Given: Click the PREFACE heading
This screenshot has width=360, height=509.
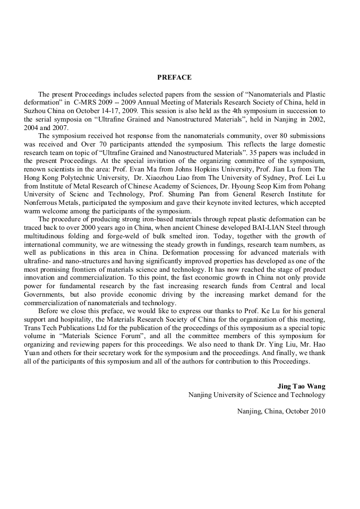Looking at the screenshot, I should [174, 77].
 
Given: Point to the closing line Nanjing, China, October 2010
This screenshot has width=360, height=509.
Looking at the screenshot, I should [281, 411].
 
